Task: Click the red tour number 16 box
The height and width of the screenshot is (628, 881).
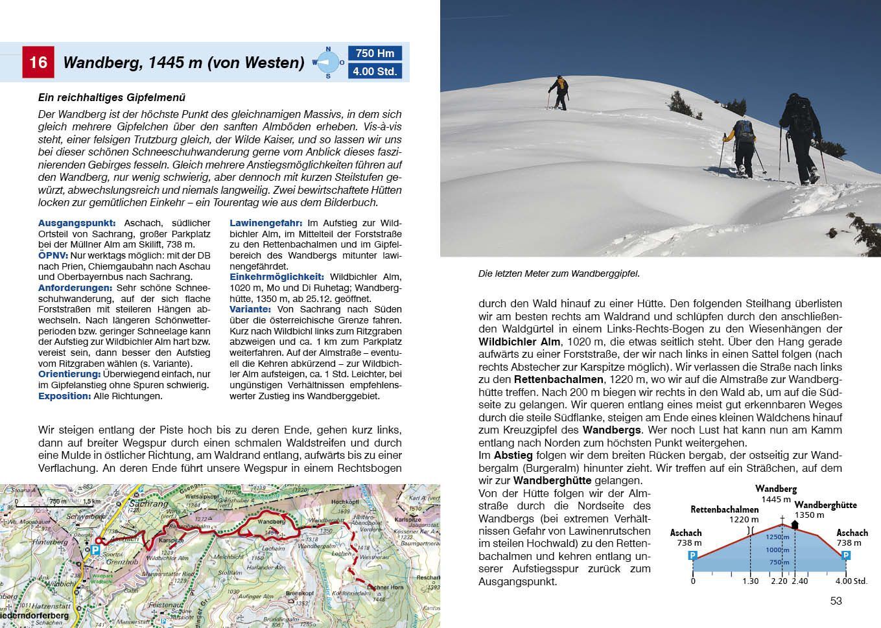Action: [x=38, y=62]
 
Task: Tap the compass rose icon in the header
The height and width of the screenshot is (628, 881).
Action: [x=328, y=62]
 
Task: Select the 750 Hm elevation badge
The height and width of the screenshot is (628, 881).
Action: [x=375, y=54]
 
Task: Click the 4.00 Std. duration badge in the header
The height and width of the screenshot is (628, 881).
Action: [x=375, y=71]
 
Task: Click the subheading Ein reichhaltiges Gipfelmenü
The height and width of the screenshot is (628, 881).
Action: [x=112, y=98]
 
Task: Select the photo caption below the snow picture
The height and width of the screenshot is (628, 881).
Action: [x=559, y=273]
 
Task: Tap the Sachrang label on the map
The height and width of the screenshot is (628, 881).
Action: [x=149, y=504]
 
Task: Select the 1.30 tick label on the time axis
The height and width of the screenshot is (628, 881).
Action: [x=750, y=581]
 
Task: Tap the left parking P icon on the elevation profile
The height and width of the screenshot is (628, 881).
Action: [x=692, y=555]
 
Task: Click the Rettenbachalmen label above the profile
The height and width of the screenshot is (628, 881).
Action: [x=724, y=509]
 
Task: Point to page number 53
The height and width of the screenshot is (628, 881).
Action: [x=836, y=601]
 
